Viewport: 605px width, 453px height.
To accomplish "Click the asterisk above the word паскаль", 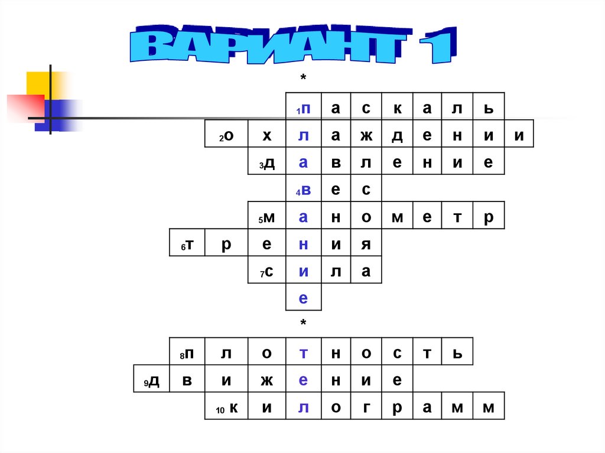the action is click(x=303, y=79).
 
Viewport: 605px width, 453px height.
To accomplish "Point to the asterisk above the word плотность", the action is click(x=303, y=324).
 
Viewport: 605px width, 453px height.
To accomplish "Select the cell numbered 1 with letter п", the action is click(x=304, y=107).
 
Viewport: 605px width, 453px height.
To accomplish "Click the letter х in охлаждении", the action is click(x=266, y=135).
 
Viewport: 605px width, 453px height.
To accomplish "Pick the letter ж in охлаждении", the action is click(x=366, y=135).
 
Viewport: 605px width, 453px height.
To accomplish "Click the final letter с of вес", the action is click(x=366, y=190).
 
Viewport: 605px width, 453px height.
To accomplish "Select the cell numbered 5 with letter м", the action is click(x=267, y=217).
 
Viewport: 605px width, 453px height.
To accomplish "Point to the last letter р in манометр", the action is click(x=488, y=217).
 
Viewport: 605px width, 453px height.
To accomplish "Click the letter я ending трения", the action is click(x=366, y=244).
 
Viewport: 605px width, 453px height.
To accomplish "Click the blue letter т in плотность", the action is click(x=303, y=353).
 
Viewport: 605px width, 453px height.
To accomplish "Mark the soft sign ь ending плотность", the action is click(x=456, y=353).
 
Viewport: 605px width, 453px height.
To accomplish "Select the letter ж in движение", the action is click(x=266, y=380).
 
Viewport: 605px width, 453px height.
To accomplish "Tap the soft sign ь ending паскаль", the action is click(x=488, y=107).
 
